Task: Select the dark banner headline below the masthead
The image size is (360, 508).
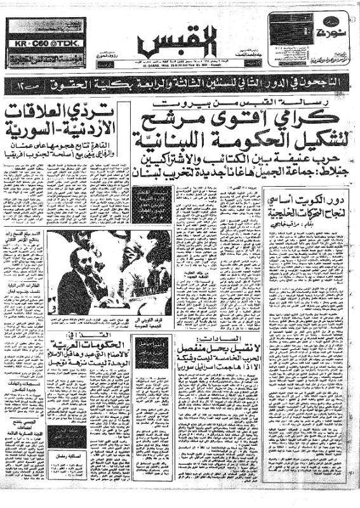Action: pos(180,83)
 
